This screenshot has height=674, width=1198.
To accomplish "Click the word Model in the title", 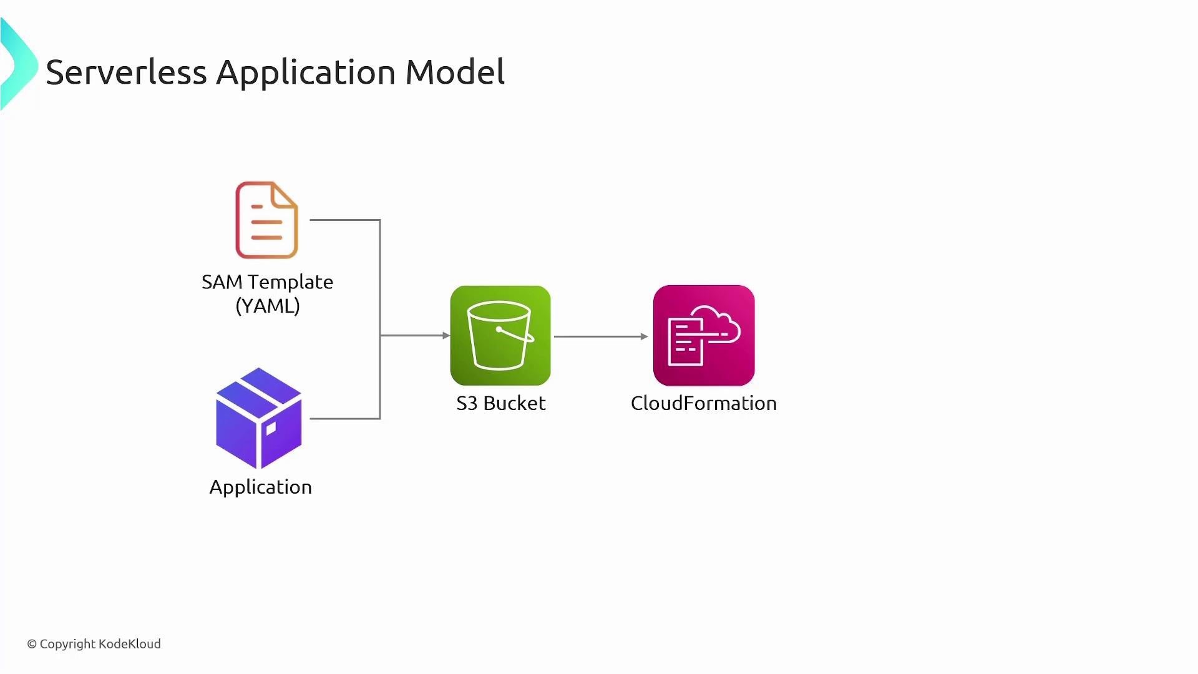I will [x=455, y=72].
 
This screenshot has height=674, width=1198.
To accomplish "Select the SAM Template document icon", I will [x=266, y=220].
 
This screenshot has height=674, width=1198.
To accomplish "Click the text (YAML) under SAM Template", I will [x=268, y=306].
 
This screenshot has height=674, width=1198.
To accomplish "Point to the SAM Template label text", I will [x=267, y=282].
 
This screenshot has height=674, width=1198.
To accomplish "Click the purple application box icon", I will [x=258, y=418].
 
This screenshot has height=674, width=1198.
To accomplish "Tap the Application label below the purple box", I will [x=260, y=487].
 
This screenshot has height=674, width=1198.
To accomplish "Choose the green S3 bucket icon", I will [x=500, y=335].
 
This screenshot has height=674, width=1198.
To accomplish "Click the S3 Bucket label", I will [x=500, y=403].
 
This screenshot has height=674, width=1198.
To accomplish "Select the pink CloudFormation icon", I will [x=704, y=335].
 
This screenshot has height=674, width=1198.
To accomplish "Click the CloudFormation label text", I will [x=703, y=403].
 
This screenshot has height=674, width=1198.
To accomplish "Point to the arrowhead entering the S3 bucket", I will [x=446, y=336].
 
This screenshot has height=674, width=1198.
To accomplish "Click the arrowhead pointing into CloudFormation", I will [x=645, y=336].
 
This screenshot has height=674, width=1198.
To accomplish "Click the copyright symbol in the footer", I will [x=32, y=644].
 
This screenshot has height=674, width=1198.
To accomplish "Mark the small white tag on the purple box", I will [x=271, y=429].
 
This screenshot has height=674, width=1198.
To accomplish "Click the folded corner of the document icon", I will [x=284, y=195].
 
